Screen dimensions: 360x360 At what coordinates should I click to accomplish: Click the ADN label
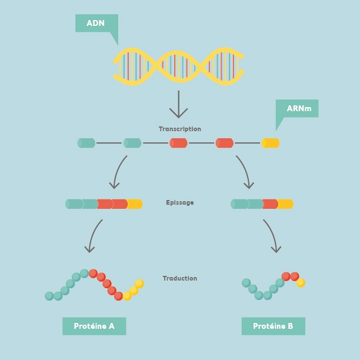click(x=96, y=23)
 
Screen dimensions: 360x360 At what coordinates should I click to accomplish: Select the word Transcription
click(x=179, y=129)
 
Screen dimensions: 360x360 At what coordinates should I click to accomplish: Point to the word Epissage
click(x=179, y=202)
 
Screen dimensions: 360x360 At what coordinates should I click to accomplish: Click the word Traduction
click(x=179, y=278)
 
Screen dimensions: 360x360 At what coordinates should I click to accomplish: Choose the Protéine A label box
click(x=94, y=326)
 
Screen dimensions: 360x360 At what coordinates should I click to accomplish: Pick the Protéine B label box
click(x=273, y=326)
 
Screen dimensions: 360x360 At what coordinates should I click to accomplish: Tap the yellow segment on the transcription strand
click(x=271, y=143)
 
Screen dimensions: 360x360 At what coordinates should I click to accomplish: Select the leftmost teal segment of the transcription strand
click(x=86, y=143)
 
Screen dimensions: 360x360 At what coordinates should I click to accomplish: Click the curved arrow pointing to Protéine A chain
click(x=94, y=236)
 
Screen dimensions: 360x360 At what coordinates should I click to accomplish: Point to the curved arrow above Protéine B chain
click(x=271, y=235)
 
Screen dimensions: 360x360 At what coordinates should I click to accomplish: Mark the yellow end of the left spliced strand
click(x=135, y=204)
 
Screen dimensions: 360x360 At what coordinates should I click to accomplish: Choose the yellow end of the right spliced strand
click(x=285, y=204)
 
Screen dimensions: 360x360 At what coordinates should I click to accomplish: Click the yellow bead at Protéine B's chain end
click(x=301, y=283)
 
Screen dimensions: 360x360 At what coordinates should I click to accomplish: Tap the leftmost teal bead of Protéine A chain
click(x=49, y=296)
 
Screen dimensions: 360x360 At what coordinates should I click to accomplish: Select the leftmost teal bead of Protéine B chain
click(x=246, y=283)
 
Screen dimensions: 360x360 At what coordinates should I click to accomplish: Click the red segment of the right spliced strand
click(x=270, y=204)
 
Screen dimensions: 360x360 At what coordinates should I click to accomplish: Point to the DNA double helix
click(x=178, y=66)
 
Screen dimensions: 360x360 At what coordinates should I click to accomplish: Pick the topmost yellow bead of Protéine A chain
click(x=139, y=284)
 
